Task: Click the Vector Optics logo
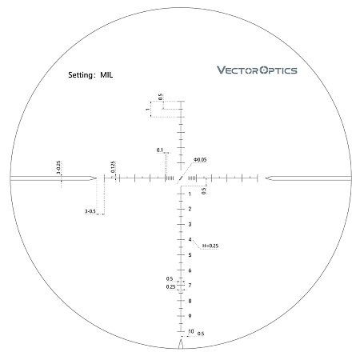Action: [257, 70]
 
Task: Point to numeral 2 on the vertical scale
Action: [190, 209]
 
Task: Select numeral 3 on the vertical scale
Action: [190, 224]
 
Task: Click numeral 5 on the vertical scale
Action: [190, 254]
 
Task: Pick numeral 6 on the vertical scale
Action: [190, 270]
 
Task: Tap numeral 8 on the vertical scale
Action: [190, 301]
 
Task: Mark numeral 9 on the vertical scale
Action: [190, 316]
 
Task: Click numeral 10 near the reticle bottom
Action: [190, 331]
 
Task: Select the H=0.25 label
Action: [210, 246]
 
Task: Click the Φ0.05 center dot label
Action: [200, 160]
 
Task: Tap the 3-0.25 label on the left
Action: [58, 168]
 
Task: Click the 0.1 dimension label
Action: [160, 150]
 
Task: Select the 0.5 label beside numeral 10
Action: [201, 334]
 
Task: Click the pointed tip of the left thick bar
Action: [97, 178]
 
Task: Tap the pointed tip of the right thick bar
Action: [264, 178]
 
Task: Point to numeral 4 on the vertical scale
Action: [190, 239]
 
